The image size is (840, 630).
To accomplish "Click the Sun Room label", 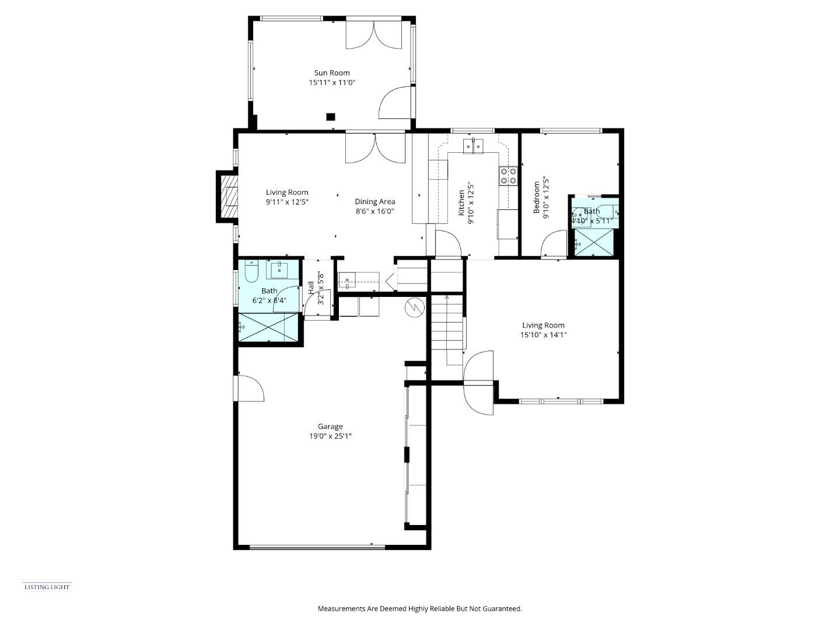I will click(332, 73).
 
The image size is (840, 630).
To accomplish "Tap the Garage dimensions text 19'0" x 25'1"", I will click(330, 436).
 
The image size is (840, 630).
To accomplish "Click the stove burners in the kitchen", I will click(508, 176).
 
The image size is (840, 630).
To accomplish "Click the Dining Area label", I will click(375, 202).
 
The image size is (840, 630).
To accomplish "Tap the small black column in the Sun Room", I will click(331, 117).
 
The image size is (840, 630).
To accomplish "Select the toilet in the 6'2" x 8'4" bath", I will click(251, 271).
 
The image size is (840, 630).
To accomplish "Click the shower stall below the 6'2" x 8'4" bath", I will click(269, 328).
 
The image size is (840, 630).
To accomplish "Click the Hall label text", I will click(311, 286).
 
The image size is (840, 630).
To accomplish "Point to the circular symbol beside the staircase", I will click(415, 307).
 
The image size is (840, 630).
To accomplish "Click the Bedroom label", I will click(537, 197).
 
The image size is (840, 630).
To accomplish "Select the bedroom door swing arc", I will click(554, 243).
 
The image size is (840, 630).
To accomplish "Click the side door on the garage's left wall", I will click(250, 388).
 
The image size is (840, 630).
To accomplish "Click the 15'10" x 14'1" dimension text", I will click(543, 335).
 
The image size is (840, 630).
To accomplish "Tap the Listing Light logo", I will click(47, 587).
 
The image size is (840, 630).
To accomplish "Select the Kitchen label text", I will click(461, 203).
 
